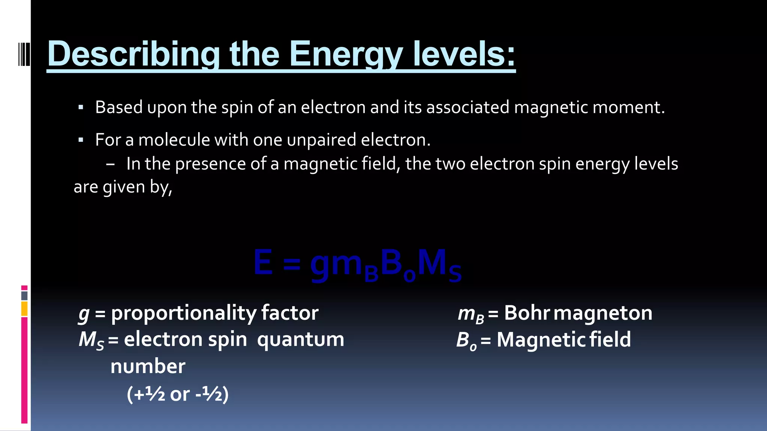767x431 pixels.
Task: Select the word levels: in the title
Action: coord(464,55)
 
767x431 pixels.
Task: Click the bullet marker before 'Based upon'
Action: coord(81,108)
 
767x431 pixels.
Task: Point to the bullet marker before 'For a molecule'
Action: coord(81,140)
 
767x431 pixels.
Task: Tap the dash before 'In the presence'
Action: coord(110,164)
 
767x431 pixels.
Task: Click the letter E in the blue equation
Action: coord(263,263)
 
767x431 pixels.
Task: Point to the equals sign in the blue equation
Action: coord(291,264)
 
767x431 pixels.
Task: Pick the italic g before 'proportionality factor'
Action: coord(84,314)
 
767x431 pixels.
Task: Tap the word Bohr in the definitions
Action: coord(527,313)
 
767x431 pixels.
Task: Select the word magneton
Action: coord(603,314)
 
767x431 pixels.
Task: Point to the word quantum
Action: coord(300,340)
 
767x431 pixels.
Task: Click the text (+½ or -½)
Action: coord(178,394)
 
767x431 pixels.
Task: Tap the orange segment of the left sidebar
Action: coord(24,309)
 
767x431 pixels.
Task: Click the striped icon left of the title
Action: coord(24,55)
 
